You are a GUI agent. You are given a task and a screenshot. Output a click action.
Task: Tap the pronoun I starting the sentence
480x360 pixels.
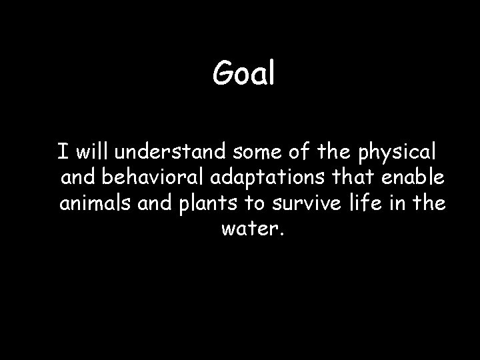(x=61, y=152)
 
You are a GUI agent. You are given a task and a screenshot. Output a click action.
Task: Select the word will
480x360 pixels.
(x=93, y=152)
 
